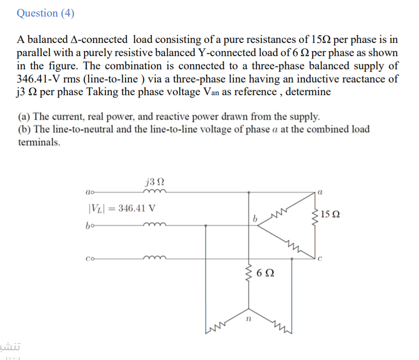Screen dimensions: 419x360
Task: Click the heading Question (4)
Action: point(45,13)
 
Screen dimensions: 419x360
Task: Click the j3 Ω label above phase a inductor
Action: point(154,182)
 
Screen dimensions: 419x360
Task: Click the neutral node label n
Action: point(248,320)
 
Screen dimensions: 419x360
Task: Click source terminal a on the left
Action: point(89,192)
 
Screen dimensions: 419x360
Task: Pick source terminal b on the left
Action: point(89,226)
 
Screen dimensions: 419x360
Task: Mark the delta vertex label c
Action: point(320,259)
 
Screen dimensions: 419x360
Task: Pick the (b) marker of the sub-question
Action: point(24,129)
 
